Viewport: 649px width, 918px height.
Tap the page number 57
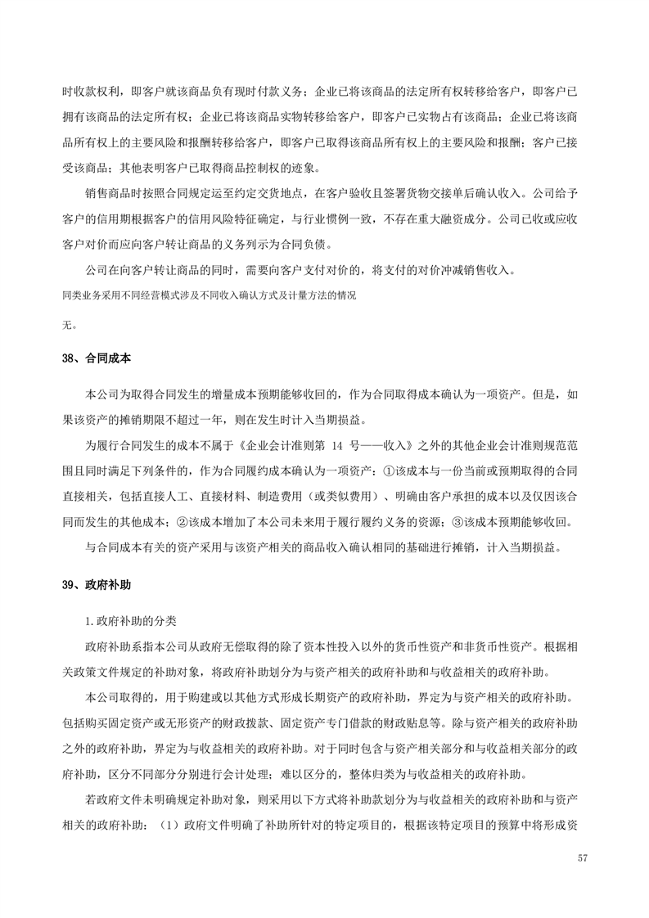(x=582, y=857)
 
